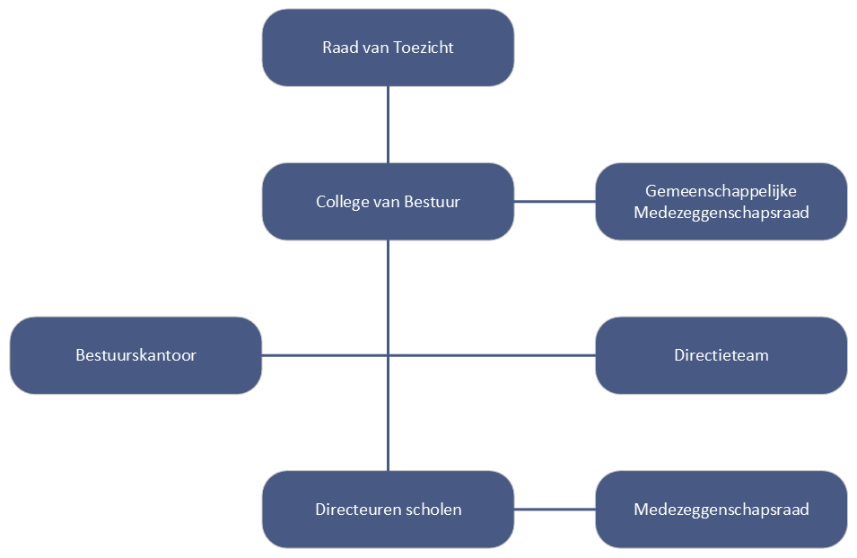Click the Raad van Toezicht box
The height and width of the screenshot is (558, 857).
tap(388, 48)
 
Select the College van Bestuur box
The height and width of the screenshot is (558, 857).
tap(388, 202)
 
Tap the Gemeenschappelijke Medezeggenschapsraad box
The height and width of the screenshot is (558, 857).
tap(721, 202)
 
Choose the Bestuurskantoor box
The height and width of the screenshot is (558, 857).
tap(136, 355)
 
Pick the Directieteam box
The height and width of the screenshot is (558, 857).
tap(721, 355)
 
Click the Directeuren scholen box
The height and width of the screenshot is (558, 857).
tap(388, 510)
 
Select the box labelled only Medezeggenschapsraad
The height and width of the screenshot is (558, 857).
tap(721, 510)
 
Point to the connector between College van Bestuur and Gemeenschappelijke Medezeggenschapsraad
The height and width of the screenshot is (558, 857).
tap(555, 202)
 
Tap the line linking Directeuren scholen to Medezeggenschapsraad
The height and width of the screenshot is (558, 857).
tap(555, 510)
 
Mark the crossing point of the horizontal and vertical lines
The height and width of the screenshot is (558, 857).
tap(388, 355)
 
